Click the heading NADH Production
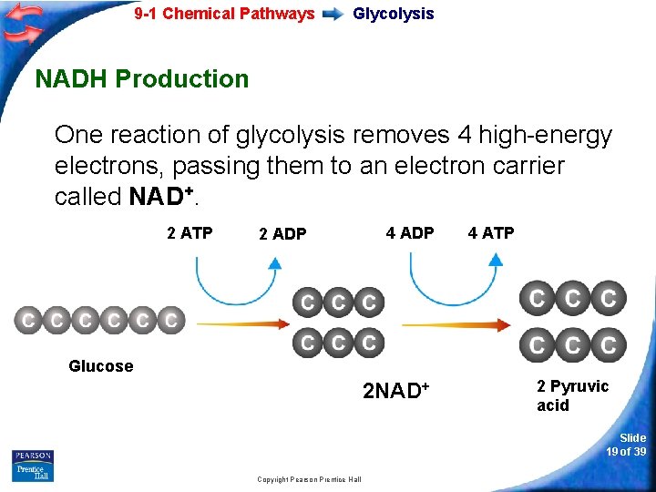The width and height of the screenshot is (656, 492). pos(141,79)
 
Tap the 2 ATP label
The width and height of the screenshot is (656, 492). pos(190,233)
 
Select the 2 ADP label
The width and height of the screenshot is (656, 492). pos(282,234)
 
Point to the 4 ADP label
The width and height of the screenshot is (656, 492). pos(410,233)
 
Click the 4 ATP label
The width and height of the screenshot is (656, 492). pos(491,233)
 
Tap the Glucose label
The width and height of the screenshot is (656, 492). pos(100,366)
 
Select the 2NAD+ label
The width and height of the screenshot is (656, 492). pos(395,392)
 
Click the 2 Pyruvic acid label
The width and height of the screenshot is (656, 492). pos(571,395)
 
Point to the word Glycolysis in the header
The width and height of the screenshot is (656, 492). pos(393,14)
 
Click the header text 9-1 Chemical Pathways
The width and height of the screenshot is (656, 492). pos(224,14)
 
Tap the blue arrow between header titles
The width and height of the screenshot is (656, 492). pos(333,15)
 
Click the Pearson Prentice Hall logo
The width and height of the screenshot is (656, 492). pos(33,466)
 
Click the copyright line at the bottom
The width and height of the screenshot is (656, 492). pos(309,479)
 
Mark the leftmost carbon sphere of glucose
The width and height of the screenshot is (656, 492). pos(28,320)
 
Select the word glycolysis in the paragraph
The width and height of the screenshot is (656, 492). pos(292,136)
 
